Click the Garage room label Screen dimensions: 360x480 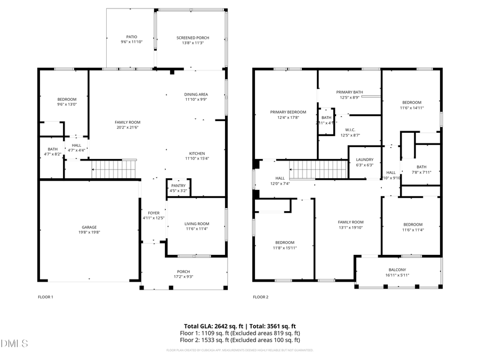point(89,227)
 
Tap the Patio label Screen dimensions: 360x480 point(131,37)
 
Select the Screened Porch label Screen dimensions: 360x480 point(193,37)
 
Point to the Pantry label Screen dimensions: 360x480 point(178,185)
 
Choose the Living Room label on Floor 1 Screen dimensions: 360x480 point(197,223)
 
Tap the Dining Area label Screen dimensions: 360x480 point(196,94)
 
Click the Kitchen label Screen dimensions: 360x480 point(196,153)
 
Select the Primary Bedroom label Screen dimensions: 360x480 point(288,112)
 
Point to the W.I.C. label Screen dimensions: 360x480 point(350,130)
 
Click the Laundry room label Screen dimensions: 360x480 point(365,159)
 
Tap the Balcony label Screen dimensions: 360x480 point(397,270)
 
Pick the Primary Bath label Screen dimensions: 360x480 point(349,92)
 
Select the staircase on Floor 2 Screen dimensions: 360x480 point(319,170)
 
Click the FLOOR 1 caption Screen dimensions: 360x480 point(45,297)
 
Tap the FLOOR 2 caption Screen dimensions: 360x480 point(260,297)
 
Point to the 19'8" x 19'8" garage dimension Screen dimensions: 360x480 point(89,233)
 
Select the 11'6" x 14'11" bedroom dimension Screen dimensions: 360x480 point(412,108)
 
